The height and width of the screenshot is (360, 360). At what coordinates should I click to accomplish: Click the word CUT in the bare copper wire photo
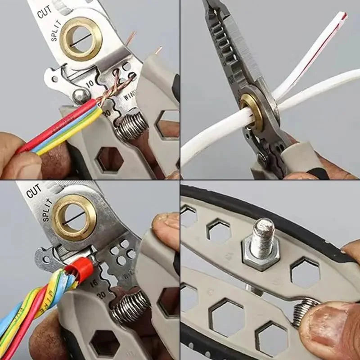tap(45, 12)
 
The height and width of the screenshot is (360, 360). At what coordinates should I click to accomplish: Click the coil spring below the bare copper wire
tap(131, 127)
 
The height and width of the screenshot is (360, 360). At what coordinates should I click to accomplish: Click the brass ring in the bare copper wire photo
tap(81, 38)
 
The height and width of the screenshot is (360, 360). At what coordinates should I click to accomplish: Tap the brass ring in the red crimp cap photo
tap(75, 217)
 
